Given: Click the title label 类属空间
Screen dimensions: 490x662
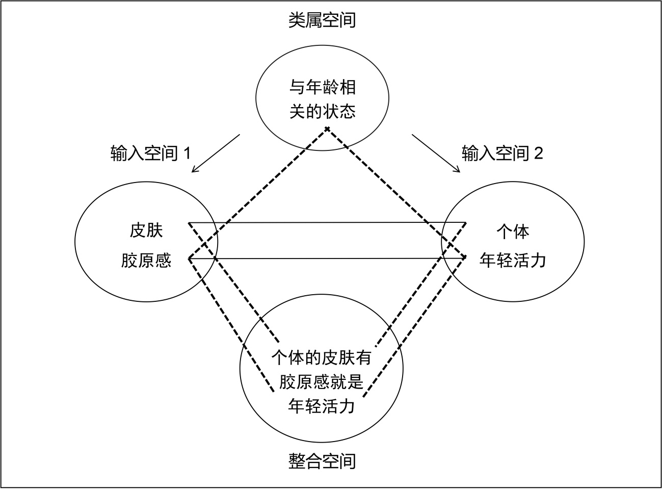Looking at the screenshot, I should [322, 20].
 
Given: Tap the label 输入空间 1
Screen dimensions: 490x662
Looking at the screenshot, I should [150, 153].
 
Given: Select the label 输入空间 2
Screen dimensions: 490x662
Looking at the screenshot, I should [502, 153].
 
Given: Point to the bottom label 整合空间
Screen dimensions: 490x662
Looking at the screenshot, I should [322, 461].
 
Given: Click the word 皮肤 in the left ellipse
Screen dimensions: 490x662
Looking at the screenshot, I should [146, 231].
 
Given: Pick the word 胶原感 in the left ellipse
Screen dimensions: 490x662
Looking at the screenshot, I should [146, 261].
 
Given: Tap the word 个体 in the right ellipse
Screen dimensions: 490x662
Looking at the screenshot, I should [513, 232].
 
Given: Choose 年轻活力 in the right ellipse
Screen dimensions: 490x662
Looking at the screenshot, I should [513, 260].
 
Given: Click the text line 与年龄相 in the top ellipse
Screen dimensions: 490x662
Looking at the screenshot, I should [323, 88].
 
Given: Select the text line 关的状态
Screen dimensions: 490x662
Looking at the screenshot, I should [323, 111].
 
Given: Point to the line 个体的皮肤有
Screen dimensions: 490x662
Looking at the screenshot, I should [322, 357].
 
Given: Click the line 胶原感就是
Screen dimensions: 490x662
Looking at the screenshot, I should [322, 381].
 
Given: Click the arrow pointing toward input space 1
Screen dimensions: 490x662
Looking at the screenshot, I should [216, 153].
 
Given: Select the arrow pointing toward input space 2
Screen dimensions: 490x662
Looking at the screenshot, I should [436, 153].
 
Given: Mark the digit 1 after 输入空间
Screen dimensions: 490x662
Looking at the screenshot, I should [186, 153].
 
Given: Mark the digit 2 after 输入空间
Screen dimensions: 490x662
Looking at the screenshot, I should [538, 153].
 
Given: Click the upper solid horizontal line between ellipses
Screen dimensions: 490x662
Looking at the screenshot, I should [326, 222].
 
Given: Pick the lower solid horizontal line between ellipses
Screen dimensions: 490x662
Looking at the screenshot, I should [326, 259].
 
